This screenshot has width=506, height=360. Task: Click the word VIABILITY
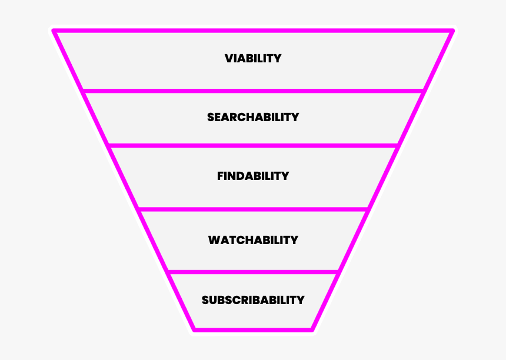[x=253, y=59]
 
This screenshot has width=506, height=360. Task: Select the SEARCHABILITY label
[x=253, y=117]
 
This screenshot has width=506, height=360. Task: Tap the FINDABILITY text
[x=253, y=176]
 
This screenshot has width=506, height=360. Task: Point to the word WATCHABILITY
[x=253, y=240]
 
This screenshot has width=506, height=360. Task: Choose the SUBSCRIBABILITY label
[x=253, y=300]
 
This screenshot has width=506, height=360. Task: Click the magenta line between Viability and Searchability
[x=253, y=91]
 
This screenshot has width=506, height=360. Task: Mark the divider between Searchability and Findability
[x=253, y=145]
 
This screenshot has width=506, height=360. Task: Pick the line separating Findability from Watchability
[x=253, y=209]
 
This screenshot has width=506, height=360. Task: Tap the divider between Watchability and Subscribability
[x=253, y=272]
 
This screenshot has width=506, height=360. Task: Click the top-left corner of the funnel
[x=54, y=31]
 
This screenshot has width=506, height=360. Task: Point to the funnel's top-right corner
[x=452, y=31]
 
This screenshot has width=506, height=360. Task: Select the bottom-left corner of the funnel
[x=194, y=329]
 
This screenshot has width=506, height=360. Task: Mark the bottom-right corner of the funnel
[x=312, y=329]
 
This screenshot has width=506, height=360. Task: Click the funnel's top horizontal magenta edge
[x=253, y=30]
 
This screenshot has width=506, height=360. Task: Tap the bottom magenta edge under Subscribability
[x=253, y=330]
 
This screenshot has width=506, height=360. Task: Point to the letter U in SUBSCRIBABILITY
[x=214, y=300]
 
